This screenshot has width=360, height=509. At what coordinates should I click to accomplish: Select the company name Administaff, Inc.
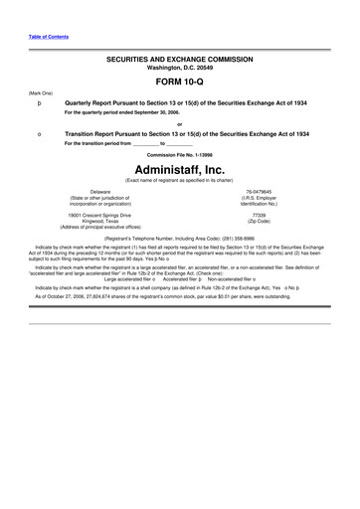point(179,169)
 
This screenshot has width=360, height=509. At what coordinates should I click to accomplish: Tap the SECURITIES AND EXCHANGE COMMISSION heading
point(179,59)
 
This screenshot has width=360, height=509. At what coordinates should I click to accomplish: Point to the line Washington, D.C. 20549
point(179,68)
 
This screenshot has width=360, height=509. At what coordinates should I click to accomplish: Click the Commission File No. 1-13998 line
point(179,154)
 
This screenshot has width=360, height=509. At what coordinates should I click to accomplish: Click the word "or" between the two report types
point(179,123)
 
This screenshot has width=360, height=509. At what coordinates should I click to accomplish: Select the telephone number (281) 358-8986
point(234,239)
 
